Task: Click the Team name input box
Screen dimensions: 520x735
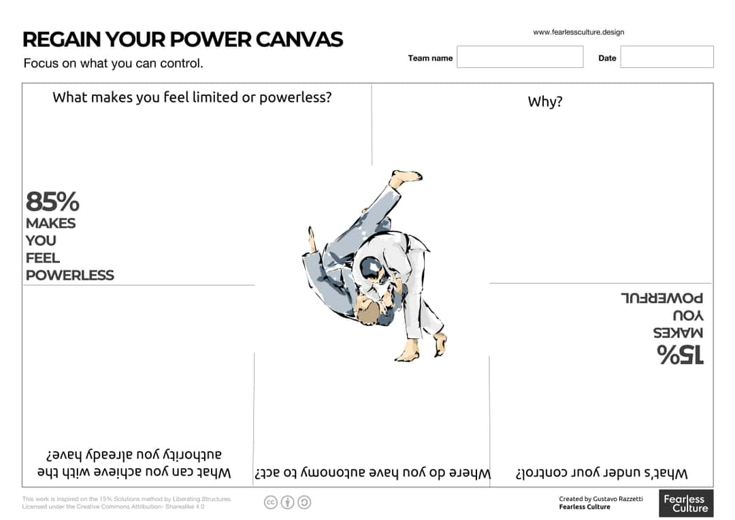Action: click(520, 57)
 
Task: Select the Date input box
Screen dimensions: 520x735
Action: click(666, 57)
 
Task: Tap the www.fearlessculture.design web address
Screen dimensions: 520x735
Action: click(578, 32)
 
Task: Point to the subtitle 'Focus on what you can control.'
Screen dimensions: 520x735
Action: click(113, 63)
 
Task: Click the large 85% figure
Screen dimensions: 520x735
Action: click(52, 202)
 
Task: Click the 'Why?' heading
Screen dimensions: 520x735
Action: click(545, 102)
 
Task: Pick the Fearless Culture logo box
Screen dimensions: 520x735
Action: click(686, 504)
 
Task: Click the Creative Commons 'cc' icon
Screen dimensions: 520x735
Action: click(271, 502)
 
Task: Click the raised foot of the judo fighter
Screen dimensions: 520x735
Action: click(406, 177)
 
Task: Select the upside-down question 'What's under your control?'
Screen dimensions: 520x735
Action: click(602, 473)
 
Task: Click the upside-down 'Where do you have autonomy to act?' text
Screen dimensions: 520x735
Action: click(372, 473)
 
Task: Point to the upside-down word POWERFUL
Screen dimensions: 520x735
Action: click(661, 298)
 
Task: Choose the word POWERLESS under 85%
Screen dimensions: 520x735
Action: click(70, 276)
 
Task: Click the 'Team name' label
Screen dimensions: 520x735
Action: click(430, 58)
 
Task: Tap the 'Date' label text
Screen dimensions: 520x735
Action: click(607, 58)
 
